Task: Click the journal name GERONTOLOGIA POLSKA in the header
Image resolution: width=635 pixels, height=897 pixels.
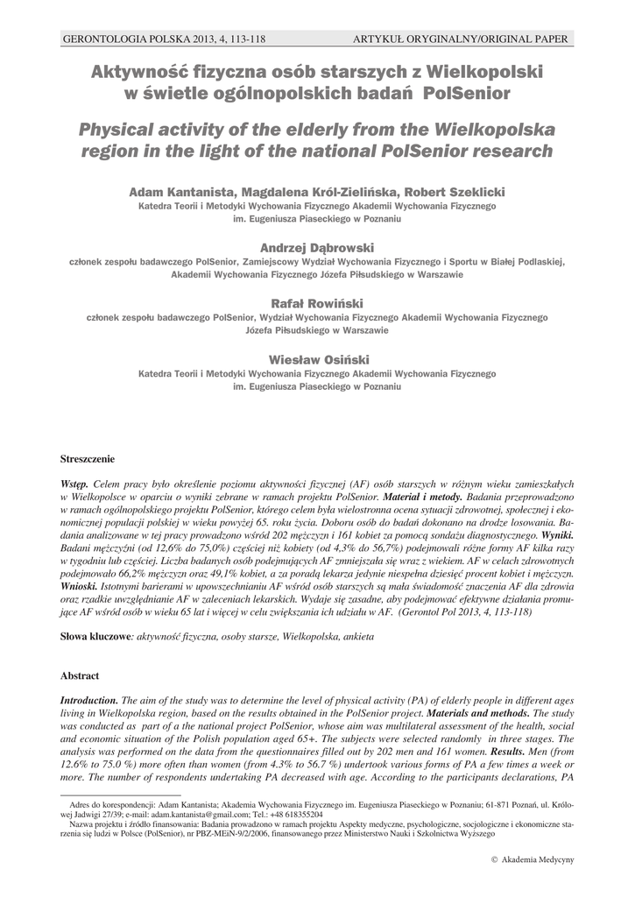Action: (118, 39)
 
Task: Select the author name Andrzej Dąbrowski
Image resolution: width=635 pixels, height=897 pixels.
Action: (317, 247)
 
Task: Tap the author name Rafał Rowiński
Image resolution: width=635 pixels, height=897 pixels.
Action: (317, 302)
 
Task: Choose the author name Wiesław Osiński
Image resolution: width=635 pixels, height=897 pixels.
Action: (317, 358)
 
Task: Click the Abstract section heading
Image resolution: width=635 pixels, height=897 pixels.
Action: (79, 675)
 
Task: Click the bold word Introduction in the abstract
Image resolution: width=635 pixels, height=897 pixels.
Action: (88, 701)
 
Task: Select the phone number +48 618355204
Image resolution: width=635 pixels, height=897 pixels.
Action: (294, 814)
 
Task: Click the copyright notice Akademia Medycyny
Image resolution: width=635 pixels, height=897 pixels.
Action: (533, 859)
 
